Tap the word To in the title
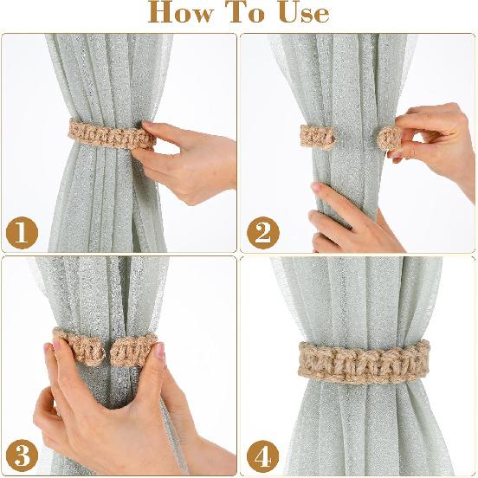tap(252, 13)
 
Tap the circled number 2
tap(261, 232)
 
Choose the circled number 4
tap(261, 453)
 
